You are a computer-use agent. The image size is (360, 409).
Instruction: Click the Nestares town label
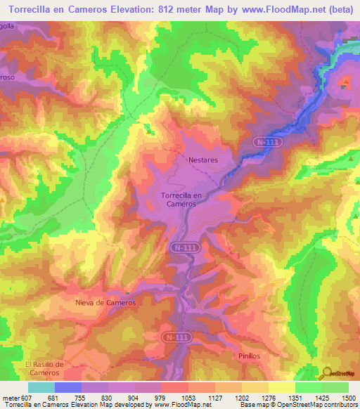tap(202, 160)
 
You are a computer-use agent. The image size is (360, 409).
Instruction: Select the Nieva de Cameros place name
tap(105, 302)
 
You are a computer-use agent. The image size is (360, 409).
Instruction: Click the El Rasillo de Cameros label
tap(44, 368)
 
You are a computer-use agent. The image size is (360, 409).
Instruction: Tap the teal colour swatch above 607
tap(41, 387)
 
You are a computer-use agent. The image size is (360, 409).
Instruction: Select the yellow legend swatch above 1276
tap(255, 387)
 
